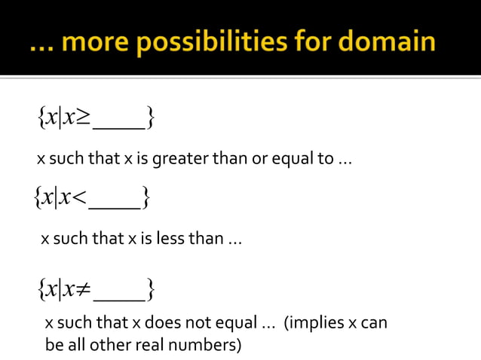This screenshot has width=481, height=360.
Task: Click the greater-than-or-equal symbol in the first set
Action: [83, 117]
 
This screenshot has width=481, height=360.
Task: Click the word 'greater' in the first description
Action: [177, 160]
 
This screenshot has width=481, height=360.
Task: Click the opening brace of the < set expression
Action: [38, 199]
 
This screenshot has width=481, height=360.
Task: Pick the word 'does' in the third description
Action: [161, 324]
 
